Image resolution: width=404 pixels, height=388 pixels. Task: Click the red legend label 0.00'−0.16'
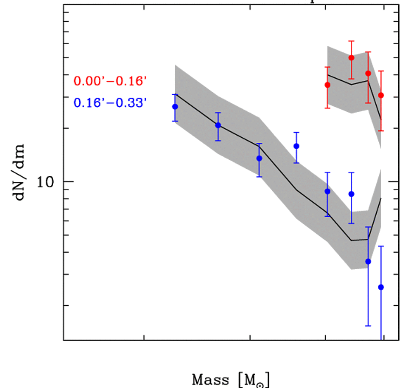pyautogui.click(x=110, y=81)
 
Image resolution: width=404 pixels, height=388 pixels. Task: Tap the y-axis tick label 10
pyautogui.click(x=46, y=182)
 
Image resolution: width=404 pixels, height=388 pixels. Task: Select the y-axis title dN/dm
pyautogui.click(x=20, y=172)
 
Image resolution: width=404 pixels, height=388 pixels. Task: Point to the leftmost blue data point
pyautogui.click(x=175, y=107)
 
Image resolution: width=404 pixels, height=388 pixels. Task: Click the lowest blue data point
pyautogui.click(x=381, y=287)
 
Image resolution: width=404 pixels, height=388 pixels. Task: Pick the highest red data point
pyautogui.click(x=352, y=58)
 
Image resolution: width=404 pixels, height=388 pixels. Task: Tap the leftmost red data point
pyautogui.click(x=328, y=85)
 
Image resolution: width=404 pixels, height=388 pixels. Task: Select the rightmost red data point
pyautogui.click(x=381, y=96)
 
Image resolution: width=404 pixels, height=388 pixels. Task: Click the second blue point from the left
pyautogui.click(x=218, y=125)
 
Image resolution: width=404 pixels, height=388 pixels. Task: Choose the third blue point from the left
pyautogui.click(x=259, y=158)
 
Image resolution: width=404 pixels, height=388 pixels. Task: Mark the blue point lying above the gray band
pyautogui.click(x=296, y=146)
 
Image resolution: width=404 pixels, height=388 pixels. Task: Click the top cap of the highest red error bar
pyautogui.click(x=352, y=41)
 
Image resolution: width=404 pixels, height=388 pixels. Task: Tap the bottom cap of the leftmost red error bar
pyautogui.click(x=328, y=108)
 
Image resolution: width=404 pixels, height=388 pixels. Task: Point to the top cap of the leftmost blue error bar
pyautogui.click(x=175, y=94)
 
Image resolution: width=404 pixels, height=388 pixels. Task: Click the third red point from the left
pyautogui.click(x=368, y=74)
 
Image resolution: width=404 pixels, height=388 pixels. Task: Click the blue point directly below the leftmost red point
pyautogui.click(x=328, y=192)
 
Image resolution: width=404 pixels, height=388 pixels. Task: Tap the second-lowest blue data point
pyautogui.click(x=368, y=261)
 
